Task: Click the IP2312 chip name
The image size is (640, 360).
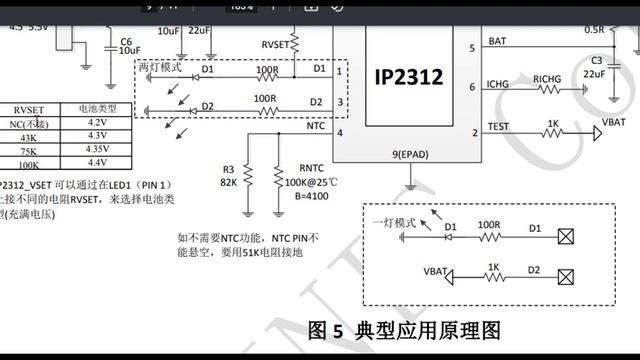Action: click(x=408, y=77)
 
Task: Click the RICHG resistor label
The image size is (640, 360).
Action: click(x=547, y=78)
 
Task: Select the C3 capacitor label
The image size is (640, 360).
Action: click(x=597, y=61)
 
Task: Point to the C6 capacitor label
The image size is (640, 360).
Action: click(x=126, y=41)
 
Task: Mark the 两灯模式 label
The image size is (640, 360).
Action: click(x=161, y=66)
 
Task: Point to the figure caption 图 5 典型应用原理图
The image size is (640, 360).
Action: click(x=404, y=331)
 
